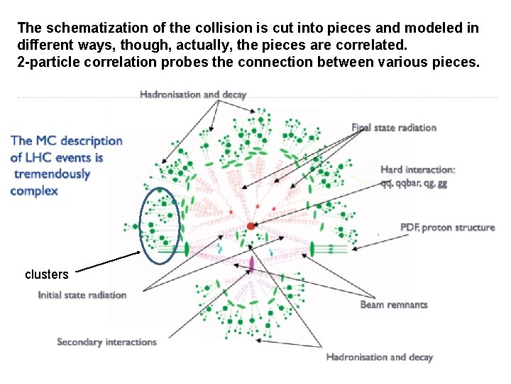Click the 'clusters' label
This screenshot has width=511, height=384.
(x=47, y=274)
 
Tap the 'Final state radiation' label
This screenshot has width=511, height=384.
(x=394, y=127)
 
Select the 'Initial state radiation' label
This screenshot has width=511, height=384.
(x=82, y=294)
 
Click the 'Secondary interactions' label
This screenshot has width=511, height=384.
(x=106, y=342)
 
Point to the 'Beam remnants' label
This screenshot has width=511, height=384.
(x=394, y=304)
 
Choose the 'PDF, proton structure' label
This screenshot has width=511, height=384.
(x=447, y=228)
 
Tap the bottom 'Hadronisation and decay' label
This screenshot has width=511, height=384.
(x=379, y=357)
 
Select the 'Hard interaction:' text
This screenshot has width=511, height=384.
(x=418, y=169)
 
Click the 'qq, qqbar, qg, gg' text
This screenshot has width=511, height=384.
(x=414, y=183)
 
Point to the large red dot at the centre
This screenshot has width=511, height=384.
(x=251, y=226)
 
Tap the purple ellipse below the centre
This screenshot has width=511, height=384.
(x=251, y=264)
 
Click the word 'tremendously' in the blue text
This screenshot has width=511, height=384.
(x=50, y=174)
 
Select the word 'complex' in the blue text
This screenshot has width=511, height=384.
(x=34, y=191)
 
